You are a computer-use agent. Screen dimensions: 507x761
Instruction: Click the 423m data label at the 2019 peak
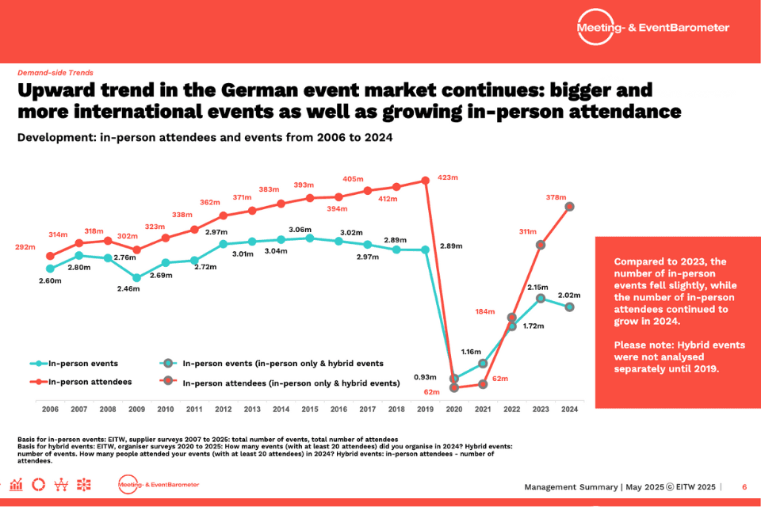[x=448, y=177]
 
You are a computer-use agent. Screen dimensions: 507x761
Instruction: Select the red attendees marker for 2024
[x=569, y=207]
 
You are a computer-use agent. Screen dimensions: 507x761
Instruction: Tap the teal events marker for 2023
[x=541, y=299]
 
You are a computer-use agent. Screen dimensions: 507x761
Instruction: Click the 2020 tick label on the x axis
[x=454, y=409]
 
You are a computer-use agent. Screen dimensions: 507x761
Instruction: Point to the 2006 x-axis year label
[x=50, y=409]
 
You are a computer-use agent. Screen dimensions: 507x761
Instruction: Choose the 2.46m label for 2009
[x=128, y=289]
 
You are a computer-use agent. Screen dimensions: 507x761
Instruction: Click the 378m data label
[x=556, y=197]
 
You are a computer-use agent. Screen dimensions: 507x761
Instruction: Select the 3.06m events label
[x=300, y=230]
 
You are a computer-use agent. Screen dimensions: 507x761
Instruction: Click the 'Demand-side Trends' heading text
[x=55, y=72]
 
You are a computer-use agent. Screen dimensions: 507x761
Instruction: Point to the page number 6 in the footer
[x=744, y=486]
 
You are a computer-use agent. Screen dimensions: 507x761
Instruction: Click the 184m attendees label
[x=485, y=311]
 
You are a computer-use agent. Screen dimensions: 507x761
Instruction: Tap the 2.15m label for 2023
[x=537, y=288]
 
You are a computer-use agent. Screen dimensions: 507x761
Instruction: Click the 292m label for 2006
[x=25, y=247]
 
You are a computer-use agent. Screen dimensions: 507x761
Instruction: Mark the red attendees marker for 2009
[x=136, y=250]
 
